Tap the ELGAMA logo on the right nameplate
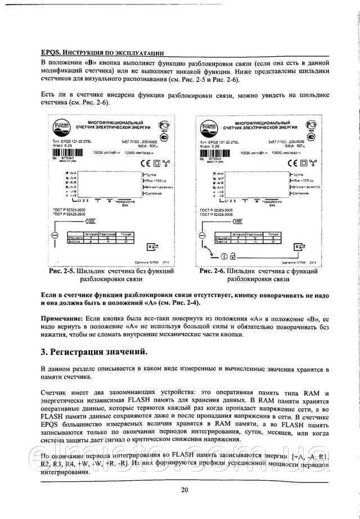tap(207, 125)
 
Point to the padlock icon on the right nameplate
tap(232, 258)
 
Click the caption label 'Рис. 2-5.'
tap(62, 271)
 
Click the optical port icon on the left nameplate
tap(152, 246)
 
